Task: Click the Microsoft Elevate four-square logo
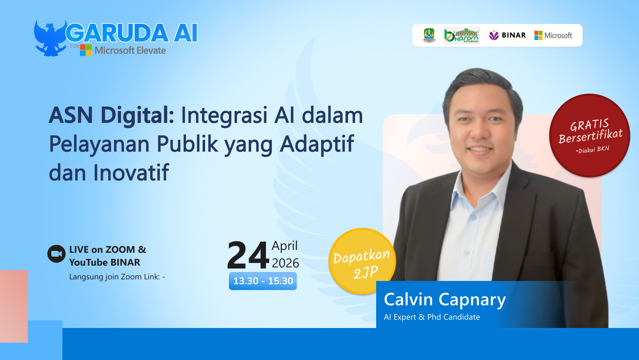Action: (x=86, y=50)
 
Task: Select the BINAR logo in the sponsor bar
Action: (x=507, y=35)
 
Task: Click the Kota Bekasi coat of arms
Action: (x=429, y=35)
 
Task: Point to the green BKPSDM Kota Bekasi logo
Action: (x=462, y=35)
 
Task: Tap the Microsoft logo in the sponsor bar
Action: (x=553, y=35)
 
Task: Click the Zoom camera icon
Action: (x=56, y=254)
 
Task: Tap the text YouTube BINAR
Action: (x=105, y=262)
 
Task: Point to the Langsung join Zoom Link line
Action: (x=117, y=277)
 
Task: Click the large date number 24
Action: (x=248, y=255)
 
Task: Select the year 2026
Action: (x=285, y=263)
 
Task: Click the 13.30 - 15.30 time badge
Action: (x=263, y=281)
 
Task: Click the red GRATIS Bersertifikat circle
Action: (x=590, y=135)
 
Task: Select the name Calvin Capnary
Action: (x=445, y=300)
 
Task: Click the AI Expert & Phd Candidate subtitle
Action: (x=432, y=317)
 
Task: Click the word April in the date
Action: (x=285, y=246)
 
